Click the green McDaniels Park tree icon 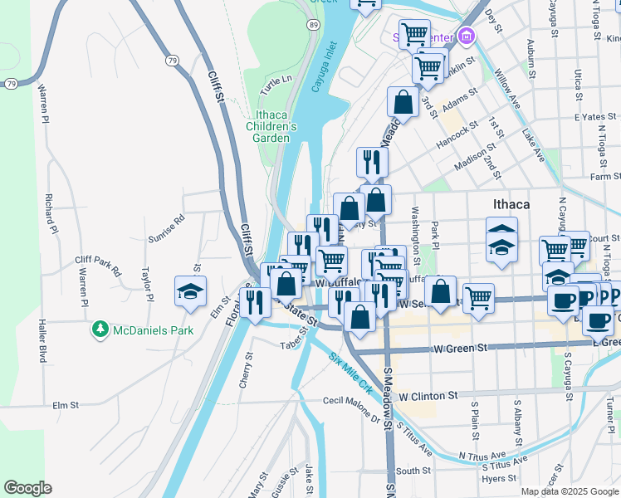click(100, 330)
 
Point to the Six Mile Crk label click(351, 373)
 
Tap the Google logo click(27, 488)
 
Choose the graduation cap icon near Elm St click(190, 291)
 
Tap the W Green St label click(460, 349)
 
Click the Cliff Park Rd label click(98, 266)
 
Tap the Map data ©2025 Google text click(569, 491)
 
